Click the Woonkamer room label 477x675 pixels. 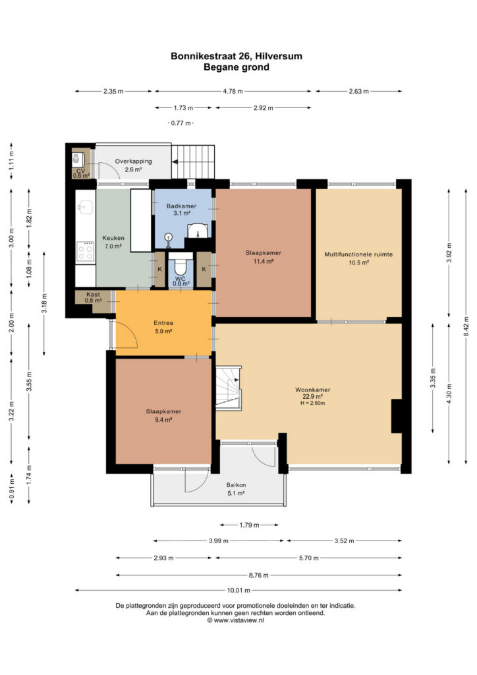(312, 390)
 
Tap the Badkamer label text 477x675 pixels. (181, 206)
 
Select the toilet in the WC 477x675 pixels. (181, 267)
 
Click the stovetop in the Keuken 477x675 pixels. (85, 252)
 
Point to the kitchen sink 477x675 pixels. (85, 208)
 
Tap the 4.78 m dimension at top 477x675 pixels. (233, 91)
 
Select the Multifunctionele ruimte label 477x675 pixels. (358, 254)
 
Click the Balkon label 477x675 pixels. (236, 485)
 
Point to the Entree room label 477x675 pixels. (163, 323)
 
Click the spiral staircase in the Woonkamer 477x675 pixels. (229, 386)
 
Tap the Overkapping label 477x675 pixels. (133, 161)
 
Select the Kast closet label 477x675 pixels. (93, 295)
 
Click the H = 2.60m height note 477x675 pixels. (313, 403)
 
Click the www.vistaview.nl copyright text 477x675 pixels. (236, 620)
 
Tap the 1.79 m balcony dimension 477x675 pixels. (250, 525)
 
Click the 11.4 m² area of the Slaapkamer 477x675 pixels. (264, 261)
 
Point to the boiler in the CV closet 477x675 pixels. (77, 160)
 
